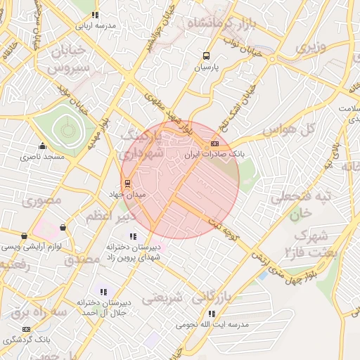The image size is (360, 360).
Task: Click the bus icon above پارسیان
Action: click(206, 56)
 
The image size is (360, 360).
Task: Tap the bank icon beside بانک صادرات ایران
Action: click(214, 143)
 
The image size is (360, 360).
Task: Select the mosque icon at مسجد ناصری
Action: click(43, 146)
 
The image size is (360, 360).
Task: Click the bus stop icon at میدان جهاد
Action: click(127, 184)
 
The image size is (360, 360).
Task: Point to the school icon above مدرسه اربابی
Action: click(96, 15)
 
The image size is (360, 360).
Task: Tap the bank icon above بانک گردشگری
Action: click(27, 329)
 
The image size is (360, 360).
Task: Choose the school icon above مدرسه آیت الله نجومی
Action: click(212, 314)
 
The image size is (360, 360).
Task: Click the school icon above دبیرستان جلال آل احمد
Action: click(104, 292)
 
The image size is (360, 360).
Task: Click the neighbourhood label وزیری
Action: click(311, 48)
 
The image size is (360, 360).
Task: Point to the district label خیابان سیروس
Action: click(69, 59)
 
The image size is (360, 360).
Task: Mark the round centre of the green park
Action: click(67, 129)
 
